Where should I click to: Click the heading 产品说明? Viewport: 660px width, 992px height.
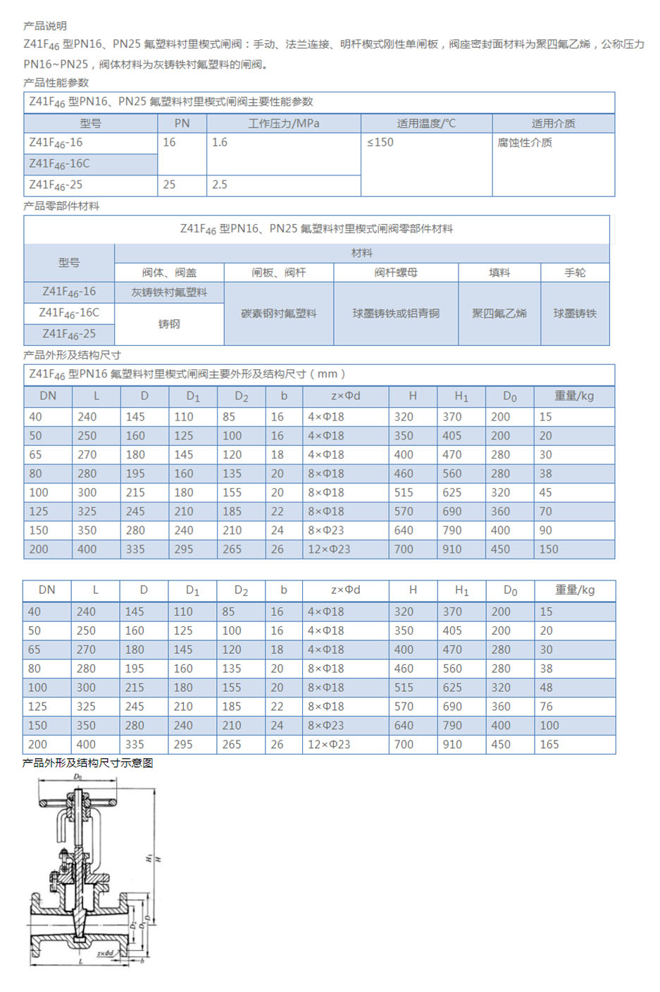tap(45, 26)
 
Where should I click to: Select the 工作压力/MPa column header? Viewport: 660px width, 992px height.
tap(283, 123)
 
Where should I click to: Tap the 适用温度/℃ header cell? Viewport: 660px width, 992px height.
tap(426, 123)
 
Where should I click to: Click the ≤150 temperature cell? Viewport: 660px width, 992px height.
tap(380, 142)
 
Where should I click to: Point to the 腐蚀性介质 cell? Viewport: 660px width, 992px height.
tap(525, 142)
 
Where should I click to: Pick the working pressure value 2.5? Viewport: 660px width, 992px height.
tap(220, 185)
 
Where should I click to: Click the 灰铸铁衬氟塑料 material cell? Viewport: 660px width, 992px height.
tap(169, 292)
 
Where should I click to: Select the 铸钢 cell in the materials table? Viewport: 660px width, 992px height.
tap(169, 324)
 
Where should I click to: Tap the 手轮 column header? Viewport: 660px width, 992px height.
tap(575, 273)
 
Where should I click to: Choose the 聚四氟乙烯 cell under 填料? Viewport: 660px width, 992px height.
tap(499, 314)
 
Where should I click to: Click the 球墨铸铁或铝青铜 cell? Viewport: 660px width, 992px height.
tap(396, 314)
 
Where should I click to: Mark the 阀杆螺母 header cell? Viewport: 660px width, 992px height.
tap(396, 273)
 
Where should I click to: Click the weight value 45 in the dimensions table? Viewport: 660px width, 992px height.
tap(546, 492)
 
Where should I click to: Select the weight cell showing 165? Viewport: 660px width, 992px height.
tap(549, 744)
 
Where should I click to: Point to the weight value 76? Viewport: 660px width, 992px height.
tap(547, 706)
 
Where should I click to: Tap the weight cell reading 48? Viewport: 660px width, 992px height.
tap(547, 687)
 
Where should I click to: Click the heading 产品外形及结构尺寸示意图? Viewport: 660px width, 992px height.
tap(88, 763)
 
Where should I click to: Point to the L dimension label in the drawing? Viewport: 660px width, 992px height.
tap(80, 961)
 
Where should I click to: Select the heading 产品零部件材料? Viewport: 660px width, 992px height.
tap(61, 206)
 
